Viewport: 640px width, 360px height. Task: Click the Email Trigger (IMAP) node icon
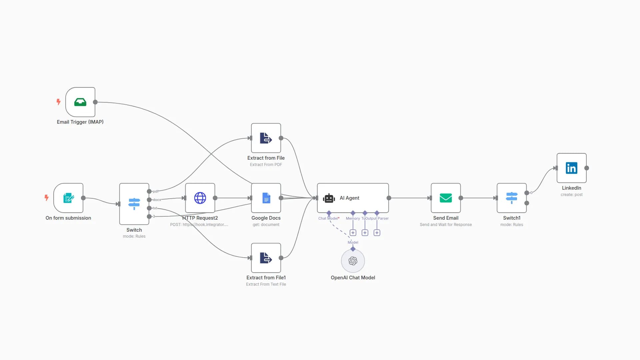click(80, 102)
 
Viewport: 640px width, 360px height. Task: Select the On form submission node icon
click(68, 198)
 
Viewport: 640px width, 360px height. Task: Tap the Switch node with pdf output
click(134, 204)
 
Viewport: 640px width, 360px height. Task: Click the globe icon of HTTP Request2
click(200, 198)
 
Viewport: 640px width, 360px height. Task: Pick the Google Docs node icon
click(266, 198)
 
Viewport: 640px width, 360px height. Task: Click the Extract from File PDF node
click(266, 138)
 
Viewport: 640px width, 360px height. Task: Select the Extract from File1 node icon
click(266, 258)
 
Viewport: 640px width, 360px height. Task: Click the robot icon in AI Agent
click(329, 198)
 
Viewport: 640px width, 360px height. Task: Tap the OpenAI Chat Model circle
click(353, 261)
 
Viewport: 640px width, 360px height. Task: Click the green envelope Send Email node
click(446, 198)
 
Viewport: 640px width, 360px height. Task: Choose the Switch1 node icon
click(511, 198)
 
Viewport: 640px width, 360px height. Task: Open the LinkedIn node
click(571, 168)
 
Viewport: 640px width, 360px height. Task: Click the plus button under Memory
click(353, 233)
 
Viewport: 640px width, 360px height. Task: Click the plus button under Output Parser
click(377, 233)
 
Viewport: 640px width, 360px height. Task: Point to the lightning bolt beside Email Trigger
click(59, 102)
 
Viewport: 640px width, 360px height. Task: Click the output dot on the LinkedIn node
click(587, 168)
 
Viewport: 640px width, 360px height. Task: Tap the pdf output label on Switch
click(155, 191)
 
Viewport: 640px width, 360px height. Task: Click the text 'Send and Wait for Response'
click(446, 225)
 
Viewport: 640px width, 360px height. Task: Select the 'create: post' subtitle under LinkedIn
click(571, 195)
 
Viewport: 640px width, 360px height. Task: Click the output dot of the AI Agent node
click(389, 198)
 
